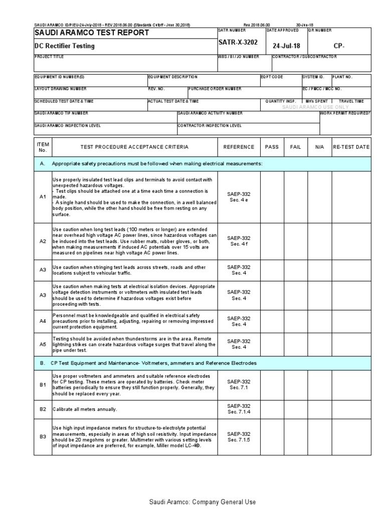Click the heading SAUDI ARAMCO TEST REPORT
pos(91,33)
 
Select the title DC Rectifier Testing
pos(64,46)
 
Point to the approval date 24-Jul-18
pos(286,46)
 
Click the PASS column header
pos(272,147)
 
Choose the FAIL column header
pos(296,147)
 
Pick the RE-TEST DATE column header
pos(351,147)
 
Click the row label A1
pos(43,197)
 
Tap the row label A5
pos(43,344)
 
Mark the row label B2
pos(43,409)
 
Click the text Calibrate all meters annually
pos(85,409)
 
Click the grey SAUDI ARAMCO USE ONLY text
pos(315,107)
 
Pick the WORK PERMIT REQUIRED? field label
pos(345,113)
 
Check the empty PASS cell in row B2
pos(272,409)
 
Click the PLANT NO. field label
pos(342,77)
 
